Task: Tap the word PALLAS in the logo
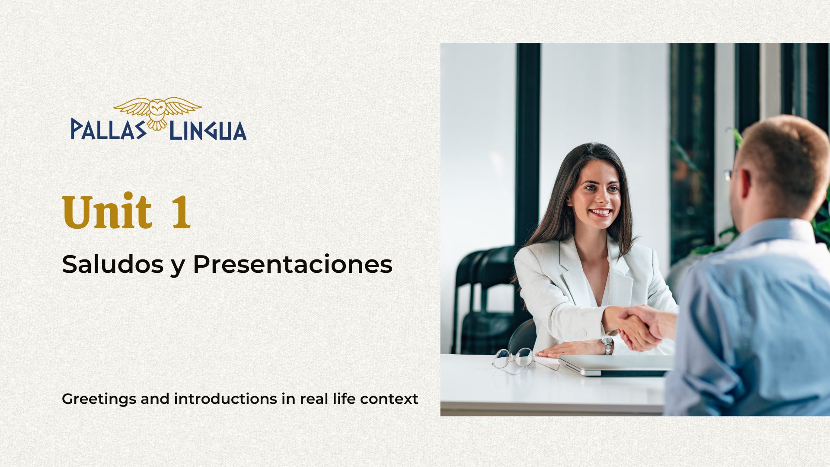[109, 130]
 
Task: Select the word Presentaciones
[293, 265]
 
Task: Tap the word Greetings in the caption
[99, 399]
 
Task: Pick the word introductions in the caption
[226, 398]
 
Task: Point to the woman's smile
[600, 212]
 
